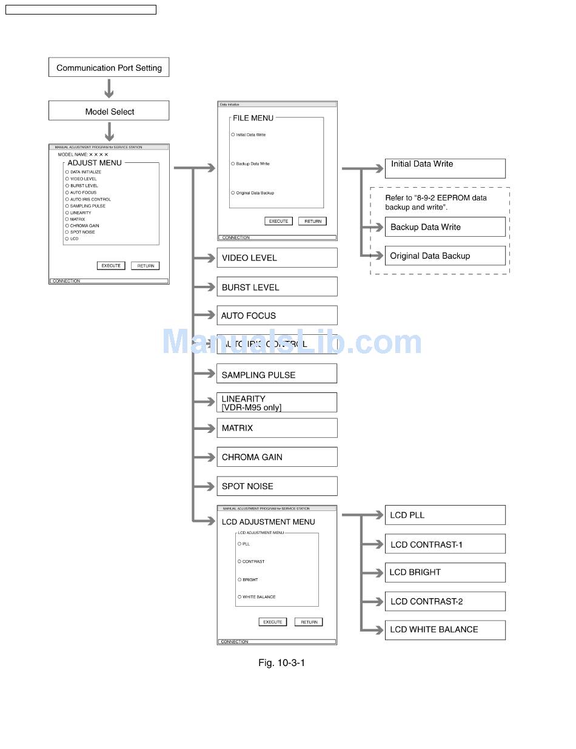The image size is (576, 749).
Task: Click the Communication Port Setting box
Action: [x=109, y=67]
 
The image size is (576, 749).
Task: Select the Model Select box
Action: [x=109, y=111]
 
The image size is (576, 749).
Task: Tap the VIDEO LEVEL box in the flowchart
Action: [x=276, y=258]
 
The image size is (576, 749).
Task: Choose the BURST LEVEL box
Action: [x=276, y=287]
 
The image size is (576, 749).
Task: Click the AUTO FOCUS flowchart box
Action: [x=276, y=315]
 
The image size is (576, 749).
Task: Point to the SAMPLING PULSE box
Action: [x=276, y=374]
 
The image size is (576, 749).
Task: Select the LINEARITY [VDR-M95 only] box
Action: [x=276, y=403]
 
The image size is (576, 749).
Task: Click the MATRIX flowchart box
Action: [x=276, y=428]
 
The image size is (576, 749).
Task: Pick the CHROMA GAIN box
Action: [x=276, y=457]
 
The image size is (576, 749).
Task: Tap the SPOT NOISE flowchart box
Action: [x=276, y=486]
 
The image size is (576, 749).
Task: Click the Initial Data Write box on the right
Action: [x=445, y=168]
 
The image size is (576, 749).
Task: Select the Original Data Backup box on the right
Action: [x=445, y=256]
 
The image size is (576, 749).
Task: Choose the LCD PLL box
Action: [x=445, y=515]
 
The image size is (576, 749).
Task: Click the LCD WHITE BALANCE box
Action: [x=445, y=630]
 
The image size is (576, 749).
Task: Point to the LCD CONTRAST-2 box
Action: [x=445, y=601]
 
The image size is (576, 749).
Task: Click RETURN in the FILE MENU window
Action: [x=313, y=222]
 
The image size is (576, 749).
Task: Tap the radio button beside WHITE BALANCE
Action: [x=239, y=597]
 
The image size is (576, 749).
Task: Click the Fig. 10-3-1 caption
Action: [x=281, y=663]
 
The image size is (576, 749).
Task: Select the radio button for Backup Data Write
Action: [x=233, y=164]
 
